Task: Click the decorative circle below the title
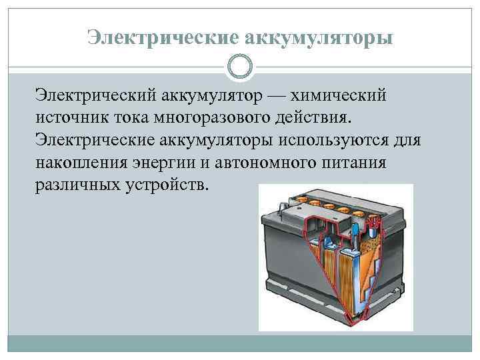point(240,67)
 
